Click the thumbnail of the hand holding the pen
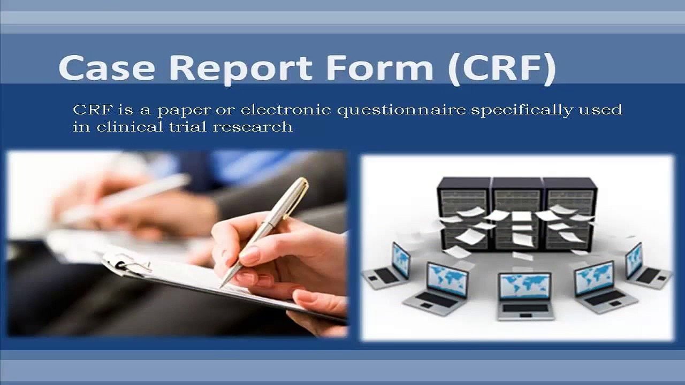pos(177,244)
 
